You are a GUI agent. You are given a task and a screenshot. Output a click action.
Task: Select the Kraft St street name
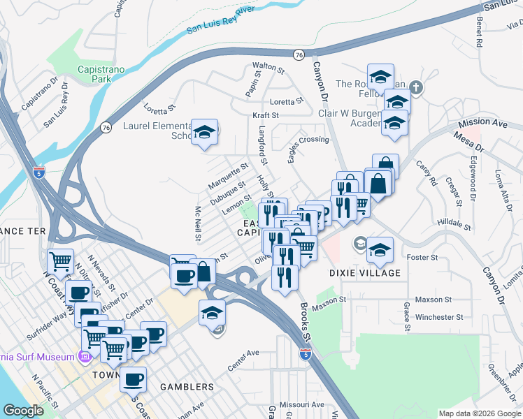click(x=266, y=115)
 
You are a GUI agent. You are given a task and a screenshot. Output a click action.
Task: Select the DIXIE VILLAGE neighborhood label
click(x=365, y=273)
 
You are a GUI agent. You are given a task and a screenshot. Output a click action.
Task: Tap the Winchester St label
click(x=439, y=316)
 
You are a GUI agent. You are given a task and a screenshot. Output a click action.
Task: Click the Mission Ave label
click(x=482, y=123)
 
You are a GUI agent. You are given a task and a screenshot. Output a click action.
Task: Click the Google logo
click(x=23, y=411)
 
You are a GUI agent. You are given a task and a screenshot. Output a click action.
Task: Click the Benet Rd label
click(x=479, y=32)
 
